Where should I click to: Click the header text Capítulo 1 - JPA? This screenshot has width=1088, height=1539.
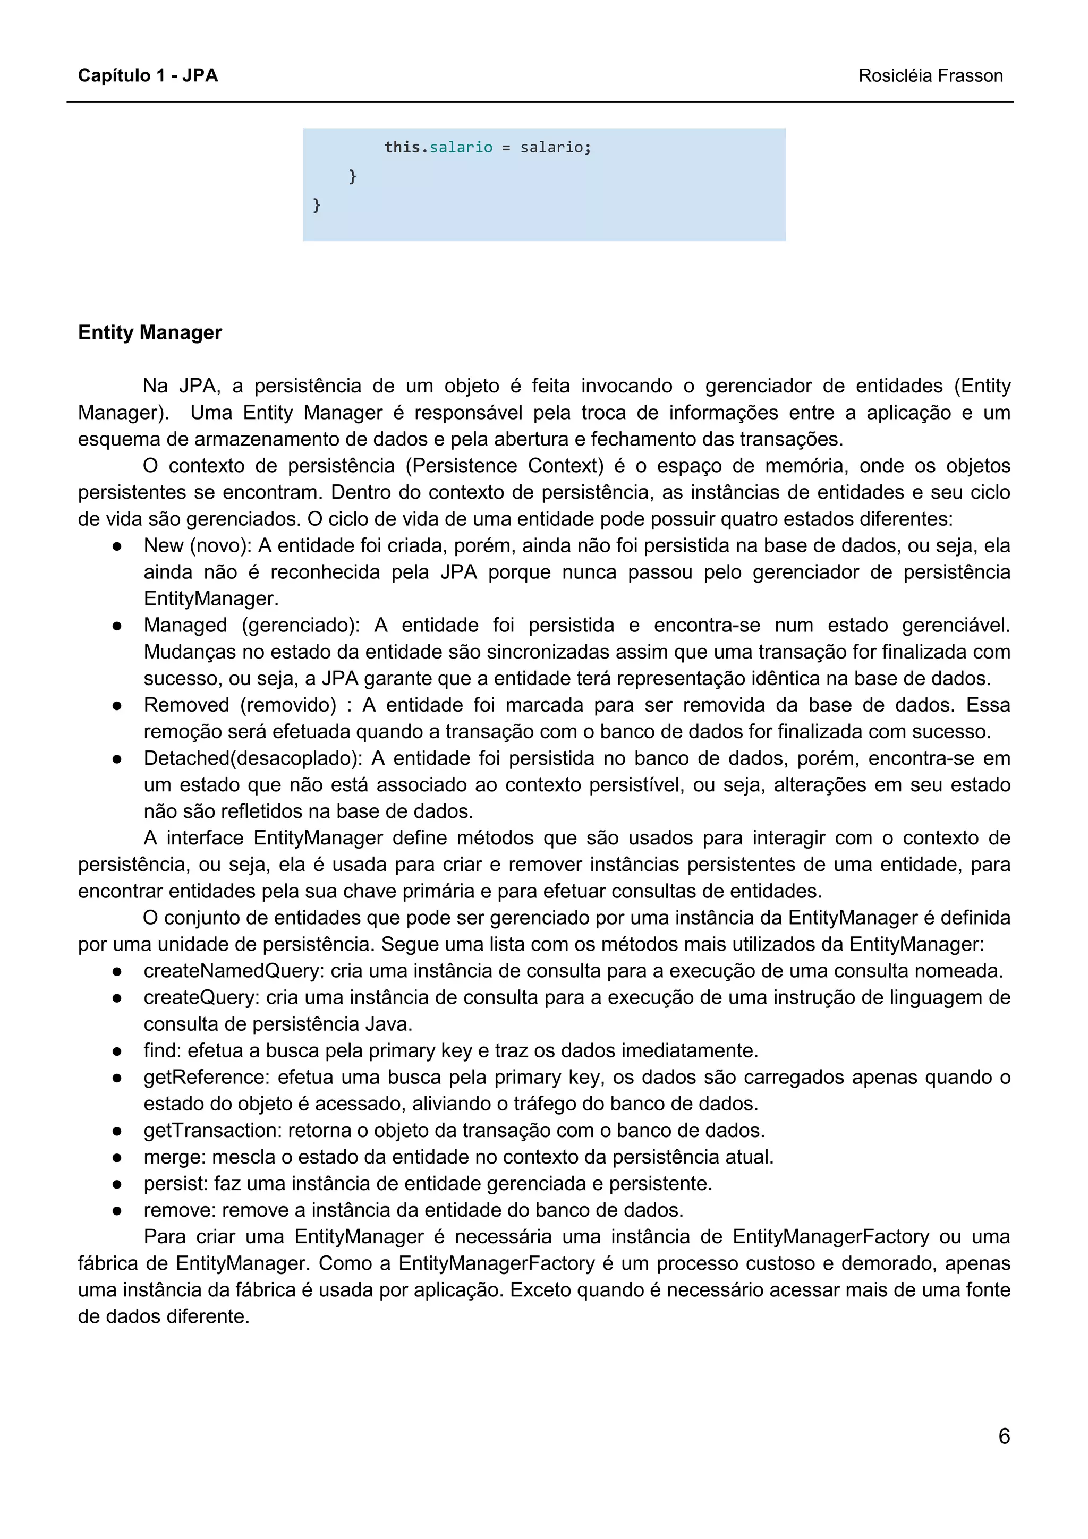click(148, 76)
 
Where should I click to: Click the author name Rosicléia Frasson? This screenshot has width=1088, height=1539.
click(930, 76)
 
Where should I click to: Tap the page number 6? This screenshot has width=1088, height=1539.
click(1004, 1436)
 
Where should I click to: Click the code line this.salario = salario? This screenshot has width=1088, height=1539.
click(487, 147)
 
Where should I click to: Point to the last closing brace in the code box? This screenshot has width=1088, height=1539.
click(317, 204)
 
